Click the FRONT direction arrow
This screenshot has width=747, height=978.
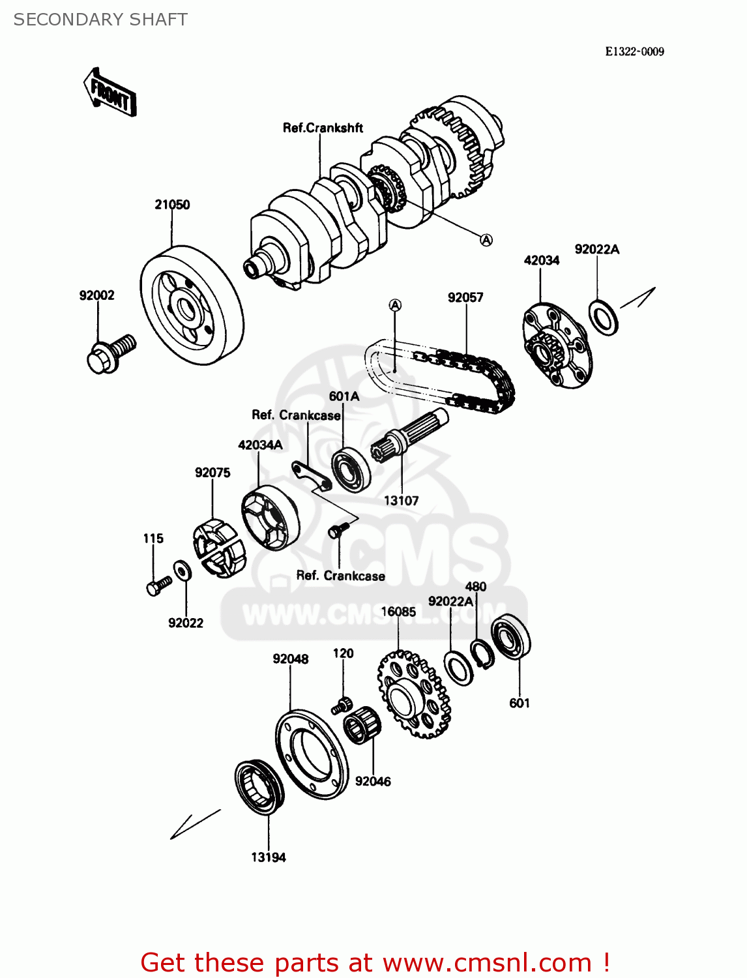[x=110, y=93]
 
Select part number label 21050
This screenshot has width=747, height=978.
[x=172, y=205]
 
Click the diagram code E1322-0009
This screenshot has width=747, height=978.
[x=634, y=52]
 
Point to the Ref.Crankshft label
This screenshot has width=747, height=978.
[x=323, y=128]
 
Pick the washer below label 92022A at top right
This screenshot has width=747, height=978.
[x=604, y=317]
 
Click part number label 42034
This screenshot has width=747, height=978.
[x=541, y=261]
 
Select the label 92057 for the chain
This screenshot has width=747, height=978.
[x=465, y=298]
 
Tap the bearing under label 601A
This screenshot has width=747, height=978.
[x=351, y=469]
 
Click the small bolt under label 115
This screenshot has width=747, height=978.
[x=158, y=585]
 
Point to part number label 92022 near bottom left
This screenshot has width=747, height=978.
[x=186, y=623]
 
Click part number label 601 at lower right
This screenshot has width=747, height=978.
[x=520, y=704]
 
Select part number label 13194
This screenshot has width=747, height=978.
[x=269, y=858]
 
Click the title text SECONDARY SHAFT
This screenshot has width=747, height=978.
[x=100, y=20]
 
